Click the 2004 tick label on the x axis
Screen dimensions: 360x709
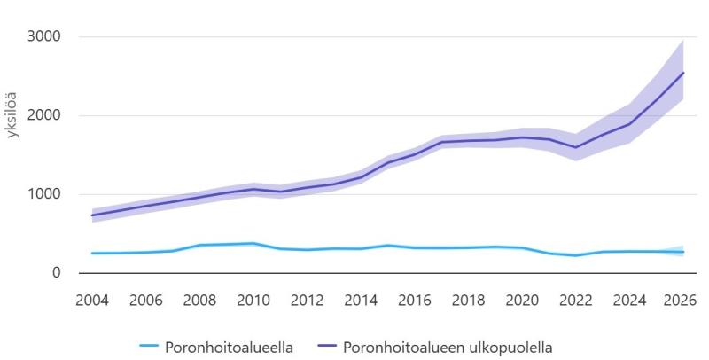[92, 299]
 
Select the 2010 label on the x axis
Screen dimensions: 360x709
[253, 299]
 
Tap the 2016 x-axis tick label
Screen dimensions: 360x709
[414, 299]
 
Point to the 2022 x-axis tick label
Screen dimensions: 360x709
[575, 299]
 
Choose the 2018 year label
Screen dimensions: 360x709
[468, 299]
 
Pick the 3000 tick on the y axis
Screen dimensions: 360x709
[44, 37]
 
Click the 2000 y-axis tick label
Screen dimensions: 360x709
[44, 115]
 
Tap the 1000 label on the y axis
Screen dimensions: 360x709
[44, 194]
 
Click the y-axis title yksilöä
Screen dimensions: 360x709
[13, 113]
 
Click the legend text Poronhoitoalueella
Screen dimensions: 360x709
[229, 346]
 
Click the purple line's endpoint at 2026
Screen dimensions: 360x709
[682, 73]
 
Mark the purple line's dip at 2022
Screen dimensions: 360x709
[575, 147]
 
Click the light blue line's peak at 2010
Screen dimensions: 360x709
[253, 243]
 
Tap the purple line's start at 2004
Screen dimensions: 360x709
[92, 215]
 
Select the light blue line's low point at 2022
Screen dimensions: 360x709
[575, 255]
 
